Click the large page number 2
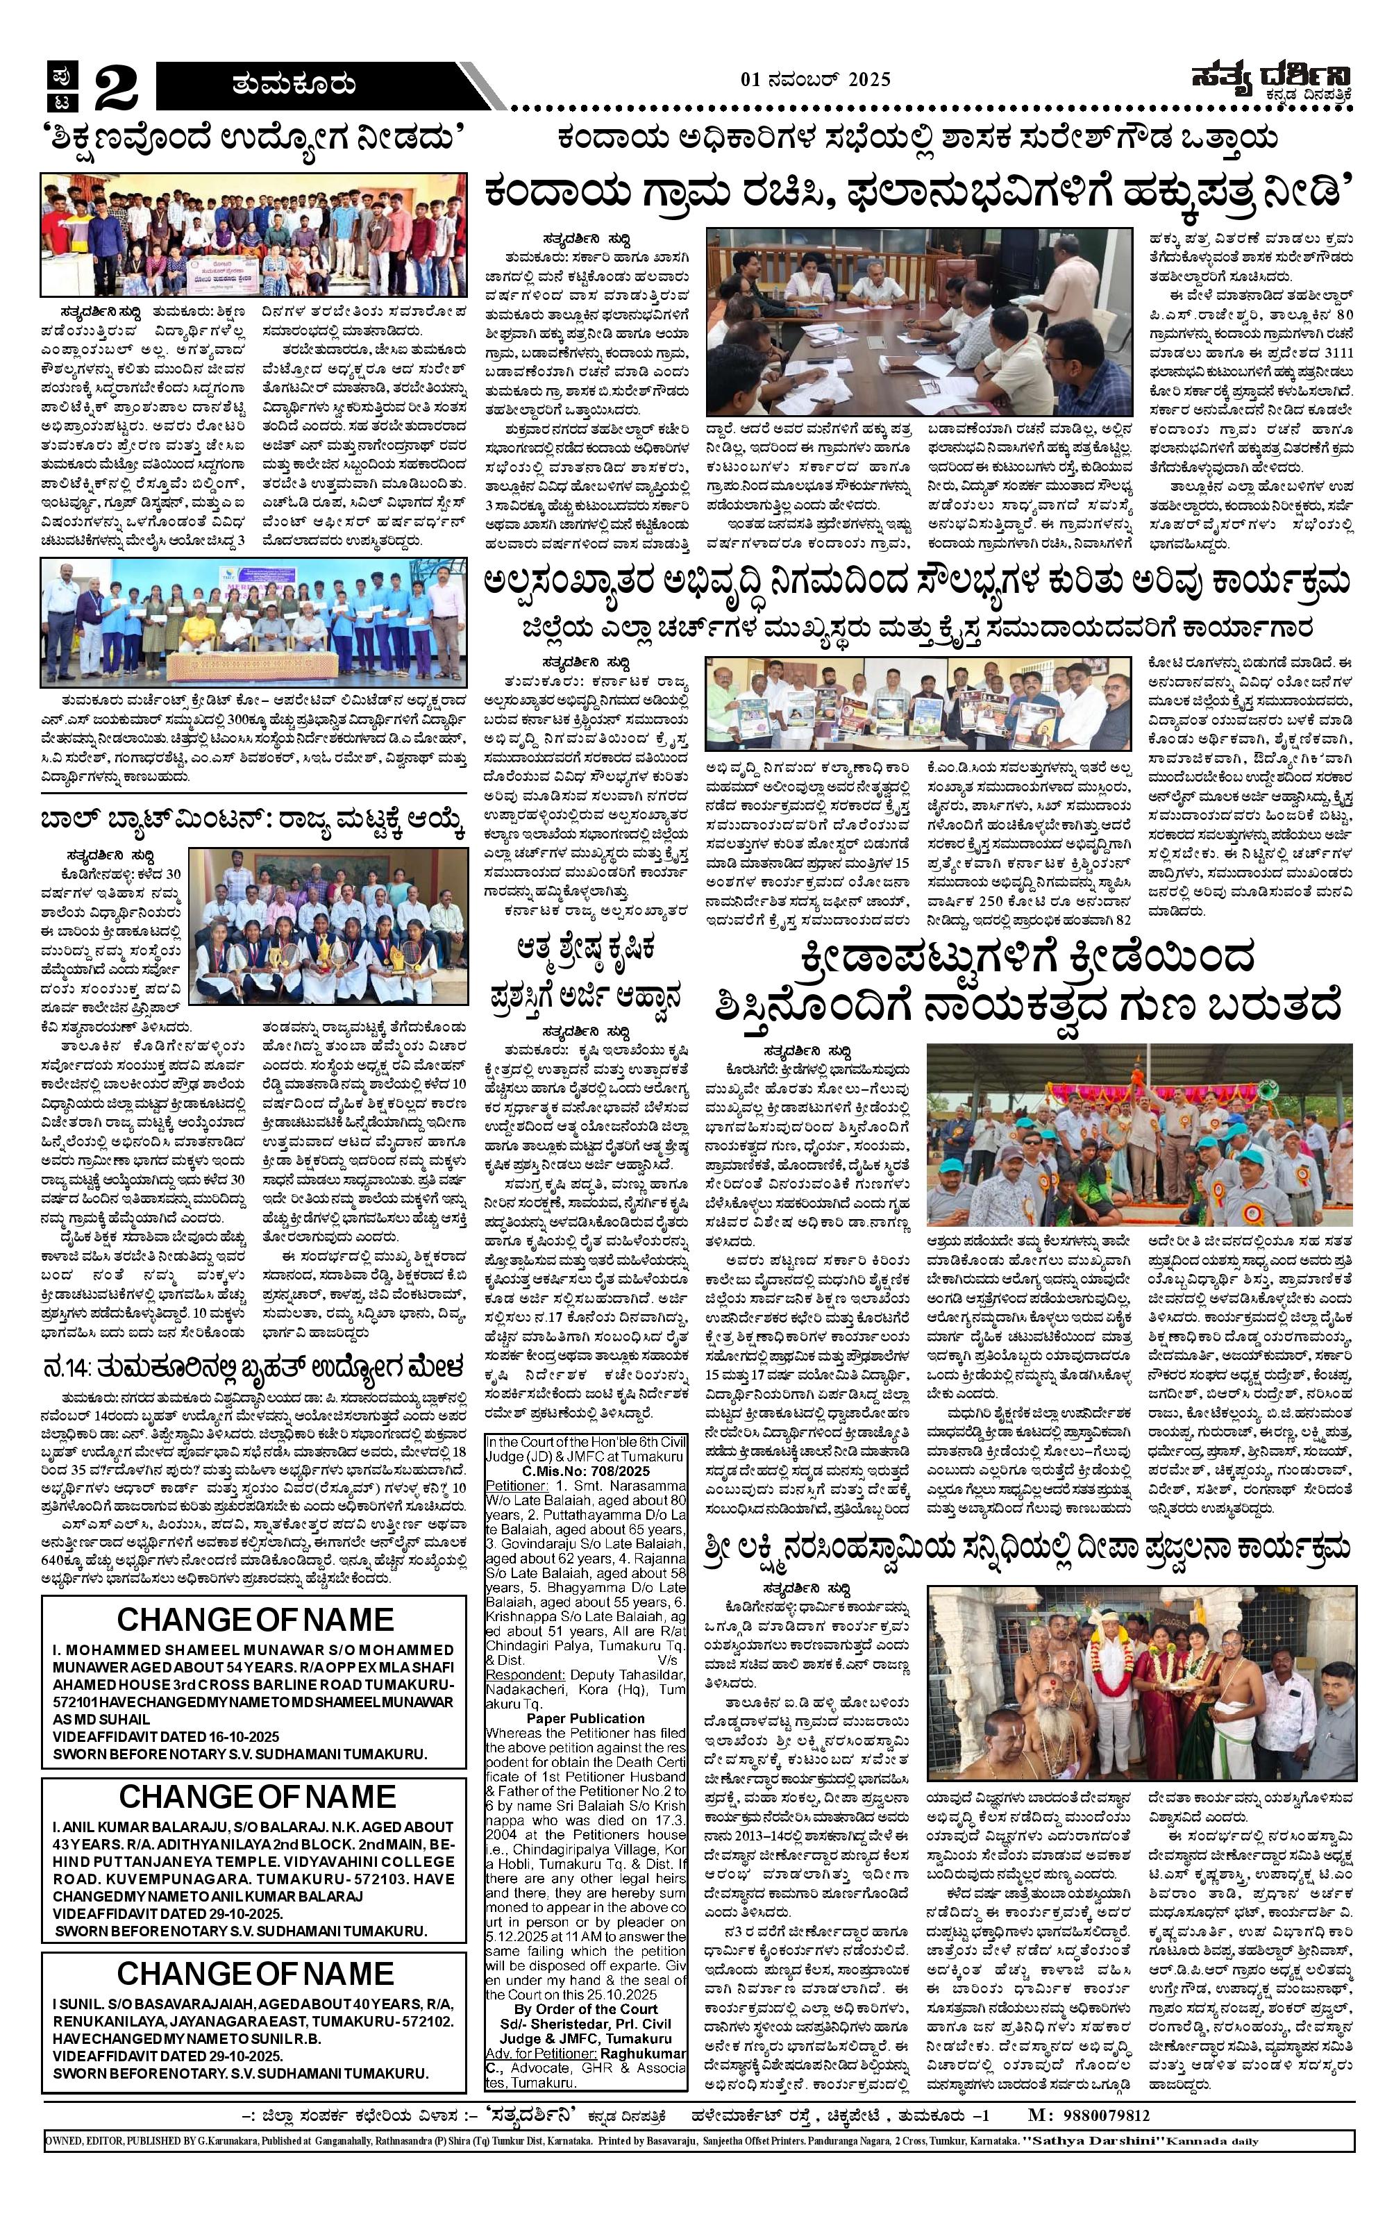pyautogui.click(x=115, y=87)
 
